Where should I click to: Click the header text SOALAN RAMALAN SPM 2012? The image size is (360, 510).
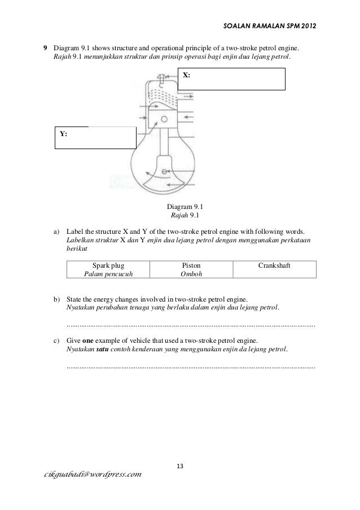[x=270, y=26]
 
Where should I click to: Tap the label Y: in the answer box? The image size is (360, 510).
[x=64, y=134]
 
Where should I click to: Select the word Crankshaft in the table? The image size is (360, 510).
[x=274, y=265]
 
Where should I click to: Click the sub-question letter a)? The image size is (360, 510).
[x=57, y=232]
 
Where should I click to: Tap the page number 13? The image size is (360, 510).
[x=180, y=466]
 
